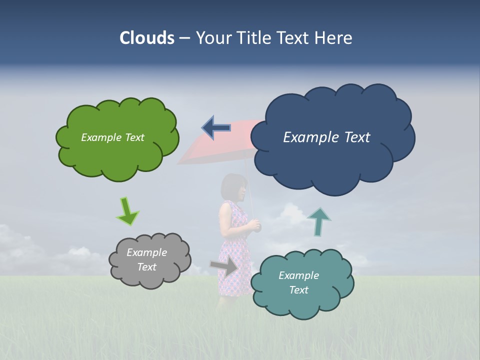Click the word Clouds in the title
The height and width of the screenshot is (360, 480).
coord(147,38)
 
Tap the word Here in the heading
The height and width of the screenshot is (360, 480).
coord(333,38)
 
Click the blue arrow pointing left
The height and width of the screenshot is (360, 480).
coord(216,128)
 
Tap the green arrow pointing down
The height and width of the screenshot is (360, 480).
coord(127,211)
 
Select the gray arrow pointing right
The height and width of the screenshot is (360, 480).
coord(224,266)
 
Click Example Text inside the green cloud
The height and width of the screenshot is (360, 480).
coord(112,137)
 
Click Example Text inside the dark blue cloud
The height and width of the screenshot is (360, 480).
coord(326,137)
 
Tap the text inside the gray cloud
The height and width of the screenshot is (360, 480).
coord(146,259)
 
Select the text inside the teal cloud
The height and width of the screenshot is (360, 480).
coord(298,282)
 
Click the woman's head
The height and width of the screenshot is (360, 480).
coord(234,186)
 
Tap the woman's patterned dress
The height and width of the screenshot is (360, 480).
coord(233,260)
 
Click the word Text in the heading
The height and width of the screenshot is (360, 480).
coord(294,38)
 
